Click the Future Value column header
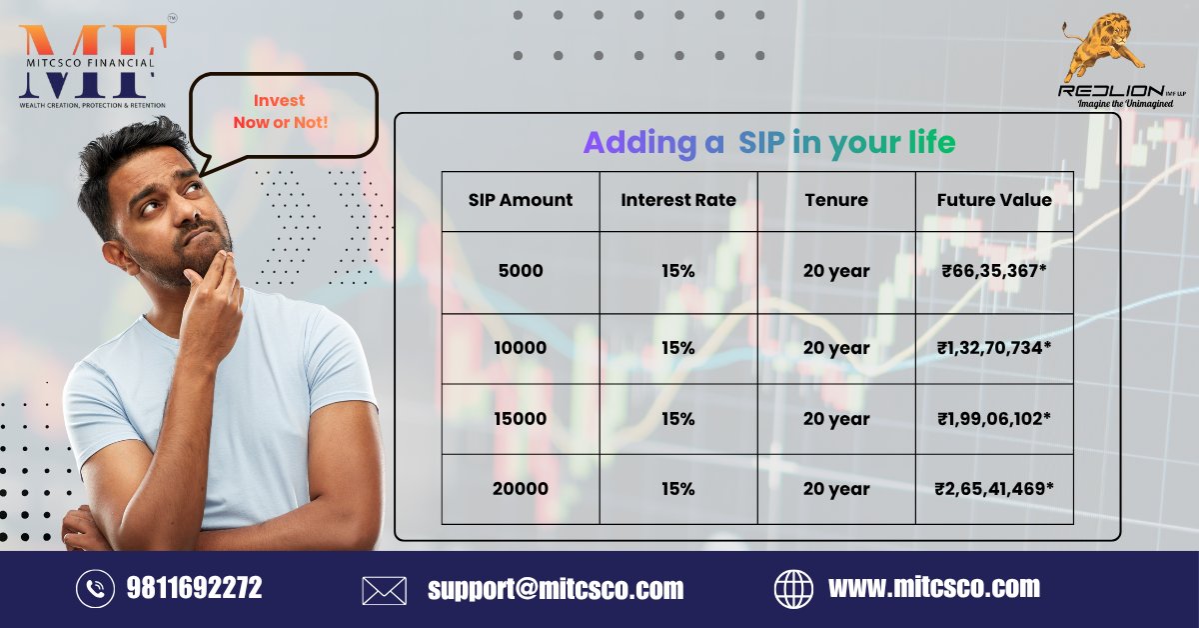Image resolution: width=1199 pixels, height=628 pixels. pyautogui.click(x=994, y=200)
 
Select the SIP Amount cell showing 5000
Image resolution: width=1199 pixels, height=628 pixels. pyautogui.click(x=520, y=271)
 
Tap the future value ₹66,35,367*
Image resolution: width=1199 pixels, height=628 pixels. pyautogui.click(x=993, y=271)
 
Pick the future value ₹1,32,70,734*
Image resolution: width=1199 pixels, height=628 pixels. pyautogui.click(x=993, y=348)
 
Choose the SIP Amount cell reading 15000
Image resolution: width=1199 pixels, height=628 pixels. pyautogui.click(x=520, y=419)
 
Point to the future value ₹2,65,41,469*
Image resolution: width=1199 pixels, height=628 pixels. pyautogui.click(x=993, y=489)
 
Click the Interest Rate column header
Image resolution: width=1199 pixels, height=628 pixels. pyautogui.click(x=678, y=200)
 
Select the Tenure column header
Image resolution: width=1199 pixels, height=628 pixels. pyautogui.click(x=836, y=200)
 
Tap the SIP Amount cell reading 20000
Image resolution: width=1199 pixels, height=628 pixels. pyautogui.click(x=520, y=489)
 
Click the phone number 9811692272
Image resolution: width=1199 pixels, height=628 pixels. pyautogui.click(x=194, y=588)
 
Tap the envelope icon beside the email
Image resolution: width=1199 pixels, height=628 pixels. pyautogui.click(x=384, y=590)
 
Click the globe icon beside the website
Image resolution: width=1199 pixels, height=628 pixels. pyautogui.click(x=794, y=589)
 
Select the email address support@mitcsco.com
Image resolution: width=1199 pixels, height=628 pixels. pyautogui.click(x=556, y=589)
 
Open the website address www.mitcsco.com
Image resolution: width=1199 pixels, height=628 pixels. pyautogui.click(x=933, y=587)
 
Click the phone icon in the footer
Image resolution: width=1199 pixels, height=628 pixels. pyautogui.click(x=95, y=589)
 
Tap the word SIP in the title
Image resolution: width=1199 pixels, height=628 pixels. pyautogui.click(x=761, y=143)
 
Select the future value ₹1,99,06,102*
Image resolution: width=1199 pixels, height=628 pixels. pyautogui.click(x=993, y=419)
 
